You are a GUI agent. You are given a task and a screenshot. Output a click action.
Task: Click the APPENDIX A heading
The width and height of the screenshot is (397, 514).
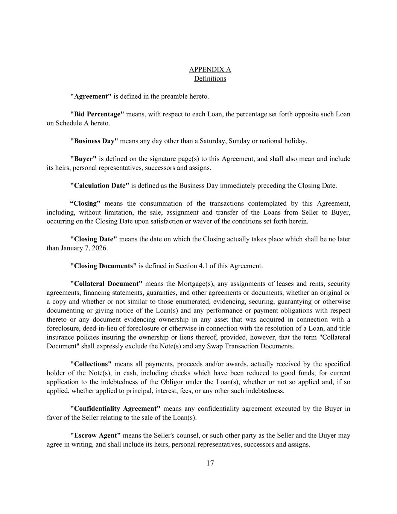[210, 70]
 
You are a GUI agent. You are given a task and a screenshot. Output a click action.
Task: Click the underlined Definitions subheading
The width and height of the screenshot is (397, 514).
[210, 79]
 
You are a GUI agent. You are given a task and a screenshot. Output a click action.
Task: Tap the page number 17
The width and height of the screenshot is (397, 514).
[210, 463]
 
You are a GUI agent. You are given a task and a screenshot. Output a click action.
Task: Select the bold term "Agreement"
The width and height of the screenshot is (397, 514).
[91, 96]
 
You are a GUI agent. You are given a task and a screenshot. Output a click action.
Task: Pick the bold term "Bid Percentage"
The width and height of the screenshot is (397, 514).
[97, 114]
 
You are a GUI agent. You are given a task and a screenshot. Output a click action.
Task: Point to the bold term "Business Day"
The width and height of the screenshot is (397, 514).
[94, 141]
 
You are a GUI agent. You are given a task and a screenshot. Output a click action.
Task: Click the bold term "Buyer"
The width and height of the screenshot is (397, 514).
[83, 159]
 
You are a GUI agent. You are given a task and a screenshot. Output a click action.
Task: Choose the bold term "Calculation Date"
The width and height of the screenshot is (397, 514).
[100, 186]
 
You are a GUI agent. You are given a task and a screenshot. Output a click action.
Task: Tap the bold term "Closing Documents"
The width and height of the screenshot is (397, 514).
[103, 266]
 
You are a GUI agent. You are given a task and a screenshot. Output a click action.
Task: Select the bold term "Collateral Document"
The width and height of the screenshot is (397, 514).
[106, 284]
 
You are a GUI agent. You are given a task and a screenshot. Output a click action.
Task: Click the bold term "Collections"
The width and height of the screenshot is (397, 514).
[91, 364]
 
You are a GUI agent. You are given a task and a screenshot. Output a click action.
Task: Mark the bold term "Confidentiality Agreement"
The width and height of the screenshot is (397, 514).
[115, 409]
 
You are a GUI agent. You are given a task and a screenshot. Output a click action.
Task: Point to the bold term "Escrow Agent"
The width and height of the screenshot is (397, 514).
[96, 436]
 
